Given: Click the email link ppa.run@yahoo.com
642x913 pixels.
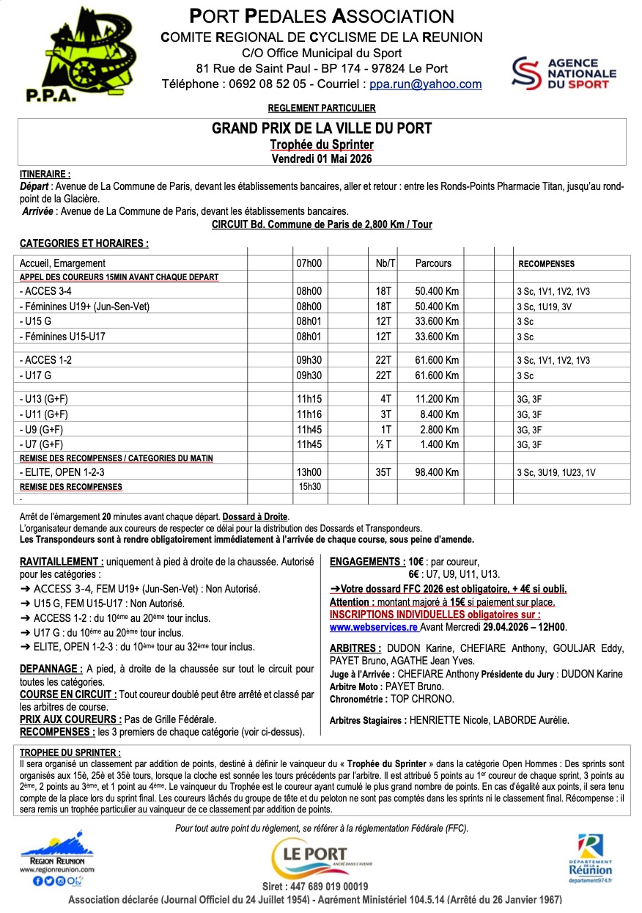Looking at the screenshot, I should pos(425,84).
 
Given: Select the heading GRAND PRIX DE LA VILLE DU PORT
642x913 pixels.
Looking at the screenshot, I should pos(322,129).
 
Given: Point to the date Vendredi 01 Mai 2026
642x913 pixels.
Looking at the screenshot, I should pos(322,158).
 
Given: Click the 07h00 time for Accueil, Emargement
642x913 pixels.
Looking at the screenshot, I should pos(309,263).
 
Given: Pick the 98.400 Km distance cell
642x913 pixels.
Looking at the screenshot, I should pos(437,472).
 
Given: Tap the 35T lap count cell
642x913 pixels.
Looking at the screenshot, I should pos(384,472).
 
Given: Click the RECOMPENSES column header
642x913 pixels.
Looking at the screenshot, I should pos(546,263).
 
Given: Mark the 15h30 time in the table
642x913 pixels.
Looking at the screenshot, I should pos(309,486).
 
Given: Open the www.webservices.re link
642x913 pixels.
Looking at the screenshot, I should pos(373,627).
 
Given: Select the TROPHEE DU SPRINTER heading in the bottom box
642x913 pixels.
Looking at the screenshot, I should pos(70,752).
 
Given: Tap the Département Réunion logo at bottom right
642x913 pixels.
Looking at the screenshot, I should pos(591,854).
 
